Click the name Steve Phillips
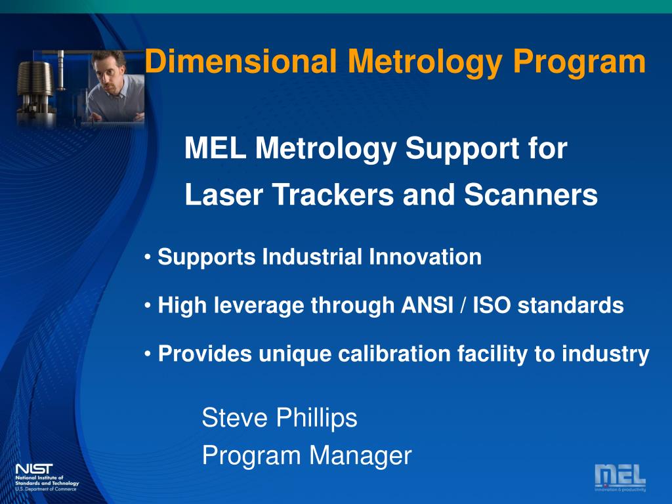pos(280,417)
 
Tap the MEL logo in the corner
pos(619,476)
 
